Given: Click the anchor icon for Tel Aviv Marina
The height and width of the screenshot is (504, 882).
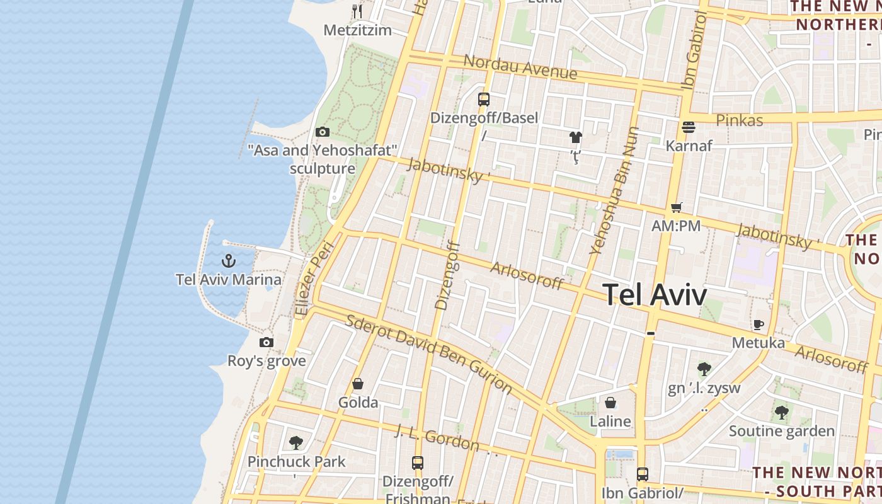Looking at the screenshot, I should tap(229, 260).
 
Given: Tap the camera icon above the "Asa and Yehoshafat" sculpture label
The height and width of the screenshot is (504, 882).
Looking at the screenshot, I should tap(323, 132).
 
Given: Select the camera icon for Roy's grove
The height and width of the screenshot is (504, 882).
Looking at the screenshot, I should tap(266, 342).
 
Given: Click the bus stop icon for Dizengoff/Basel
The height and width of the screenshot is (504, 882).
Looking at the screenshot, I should tap(484, 100).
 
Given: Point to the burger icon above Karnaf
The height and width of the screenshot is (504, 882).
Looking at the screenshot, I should tap(689, 127).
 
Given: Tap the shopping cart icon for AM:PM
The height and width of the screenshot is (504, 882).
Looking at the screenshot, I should tap(677, 207).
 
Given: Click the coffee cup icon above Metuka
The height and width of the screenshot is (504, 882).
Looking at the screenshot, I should tap(759, 324).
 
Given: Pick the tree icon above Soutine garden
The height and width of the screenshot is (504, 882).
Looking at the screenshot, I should tap(782, 413).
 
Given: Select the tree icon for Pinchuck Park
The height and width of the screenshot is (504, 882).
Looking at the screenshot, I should tap(296, 443).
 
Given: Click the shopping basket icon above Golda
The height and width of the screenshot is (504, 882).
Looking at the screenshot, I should tap(358, 384).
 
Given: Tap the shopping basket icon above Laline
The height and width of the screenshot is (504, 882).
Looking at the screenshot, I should tap(610, 403).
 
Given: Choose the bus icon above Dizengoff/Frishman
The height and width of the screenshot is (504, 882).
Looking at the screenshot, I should tap(418, 463).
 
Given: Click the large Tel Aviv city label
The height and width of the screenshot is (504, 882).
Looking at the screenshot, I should tap(655, 294).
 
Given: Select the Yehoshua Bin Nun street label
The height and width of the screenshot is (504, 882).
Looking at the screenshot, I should tap(614, 190).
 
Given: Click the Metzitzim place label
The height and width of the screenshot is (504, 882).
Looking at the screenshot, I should tap(357, 30).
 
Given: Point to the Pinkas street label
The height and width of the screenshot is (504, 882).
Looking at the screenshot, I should tap(740, 120).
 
